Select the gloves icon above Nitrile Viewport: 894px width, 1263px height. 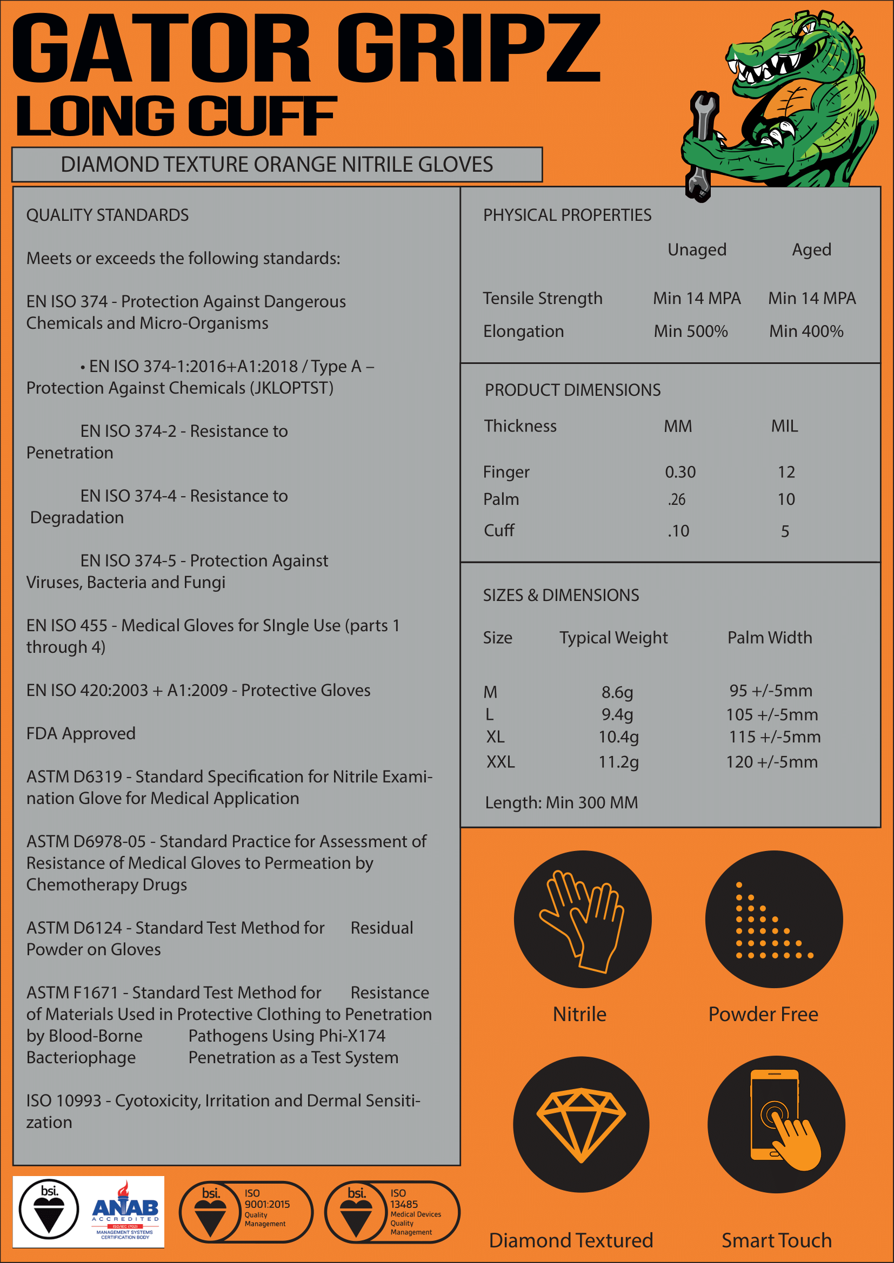point(583,920)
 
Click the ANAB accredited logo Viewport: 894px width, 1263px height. point(125,1211)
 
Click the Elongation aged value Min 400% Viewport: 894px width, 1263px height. point(806,331)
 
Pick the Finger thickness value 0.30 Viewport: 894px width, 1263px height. point(680,472)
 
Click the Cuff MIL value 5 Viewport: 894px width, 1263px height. point(785,531)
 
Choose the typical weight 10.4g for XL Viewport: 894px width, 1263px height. point(618,737)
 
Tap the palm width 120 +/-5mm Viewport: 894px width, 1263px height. point(771,762)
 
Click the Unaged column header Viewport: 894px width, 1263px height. point(697,250)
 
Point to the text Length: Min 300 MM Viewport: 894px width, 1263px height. point(561,802)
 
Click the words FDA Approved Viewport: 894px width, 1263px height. point(81,733)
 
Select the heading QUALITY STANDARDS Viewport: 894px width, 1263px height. point(108,215)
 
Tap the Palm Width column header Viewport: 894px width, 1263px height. point(770,638)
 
